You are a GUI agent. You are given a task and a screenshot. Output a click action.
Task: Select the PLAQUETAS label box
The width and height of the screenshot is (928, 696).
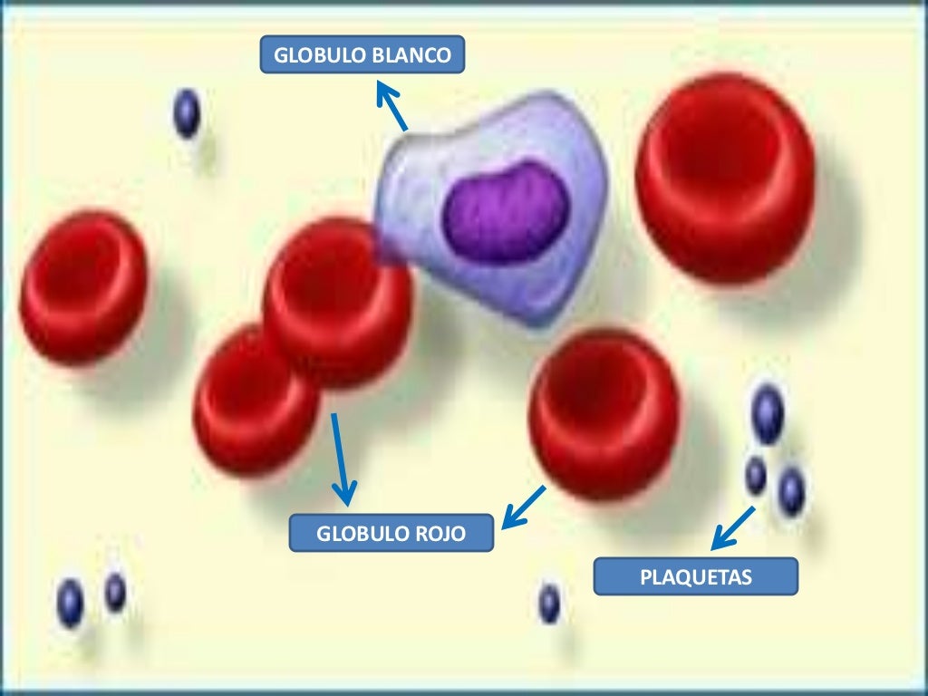(695, 576)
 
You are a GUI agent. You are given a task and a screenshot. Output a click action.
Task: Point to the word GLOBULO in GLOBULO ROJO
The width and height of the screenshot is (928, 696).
(353, 534)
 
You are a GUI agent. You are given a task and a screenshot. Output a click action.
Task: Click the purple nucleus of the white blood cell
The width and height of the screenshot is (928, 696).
(506, 210)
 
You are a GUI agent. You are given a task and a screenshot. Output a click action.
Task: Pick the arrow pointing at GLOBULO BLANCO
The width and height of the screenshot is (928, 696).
(391, 106)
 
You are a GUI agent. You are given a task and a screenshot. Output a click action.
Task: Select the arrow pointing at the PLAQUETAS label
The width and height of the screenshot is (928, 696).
(732, 528)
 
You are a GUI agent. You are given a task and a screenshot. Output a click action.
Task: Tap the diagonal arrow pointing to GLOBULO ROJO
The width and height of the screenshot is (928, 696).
(524, 507)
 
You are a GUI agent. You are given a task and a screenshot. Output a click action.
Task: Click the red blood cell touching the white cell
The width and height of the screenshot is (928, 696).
(337, 299)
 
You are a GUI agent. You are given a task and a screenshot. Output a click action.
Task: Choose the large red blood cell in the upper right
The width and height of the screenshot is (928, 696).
(725, 178)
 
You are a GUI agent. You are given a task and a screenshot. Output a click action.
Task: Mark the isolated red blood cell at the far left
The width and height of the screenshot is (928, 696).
(83, 286)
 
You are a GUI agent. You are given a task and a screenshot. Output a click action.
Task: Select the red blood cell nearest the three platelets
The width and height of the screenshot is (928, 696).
(604, 413)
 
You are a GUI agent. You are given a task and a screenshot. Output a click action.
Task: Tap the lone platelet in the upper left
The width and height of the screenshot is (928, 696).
(187, 114)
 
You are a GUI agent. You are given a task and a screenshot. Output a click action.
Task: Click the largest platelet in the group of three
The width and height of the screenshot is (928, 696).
(768, 413)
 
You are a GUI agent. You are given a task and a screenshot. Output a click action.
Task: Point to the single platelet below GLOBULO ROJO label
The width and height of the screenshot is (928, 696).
(549, 604)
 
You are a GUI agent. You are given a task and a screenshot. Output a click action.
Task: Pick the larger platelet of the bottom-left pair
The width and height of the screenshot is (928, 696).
(71, 602)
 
